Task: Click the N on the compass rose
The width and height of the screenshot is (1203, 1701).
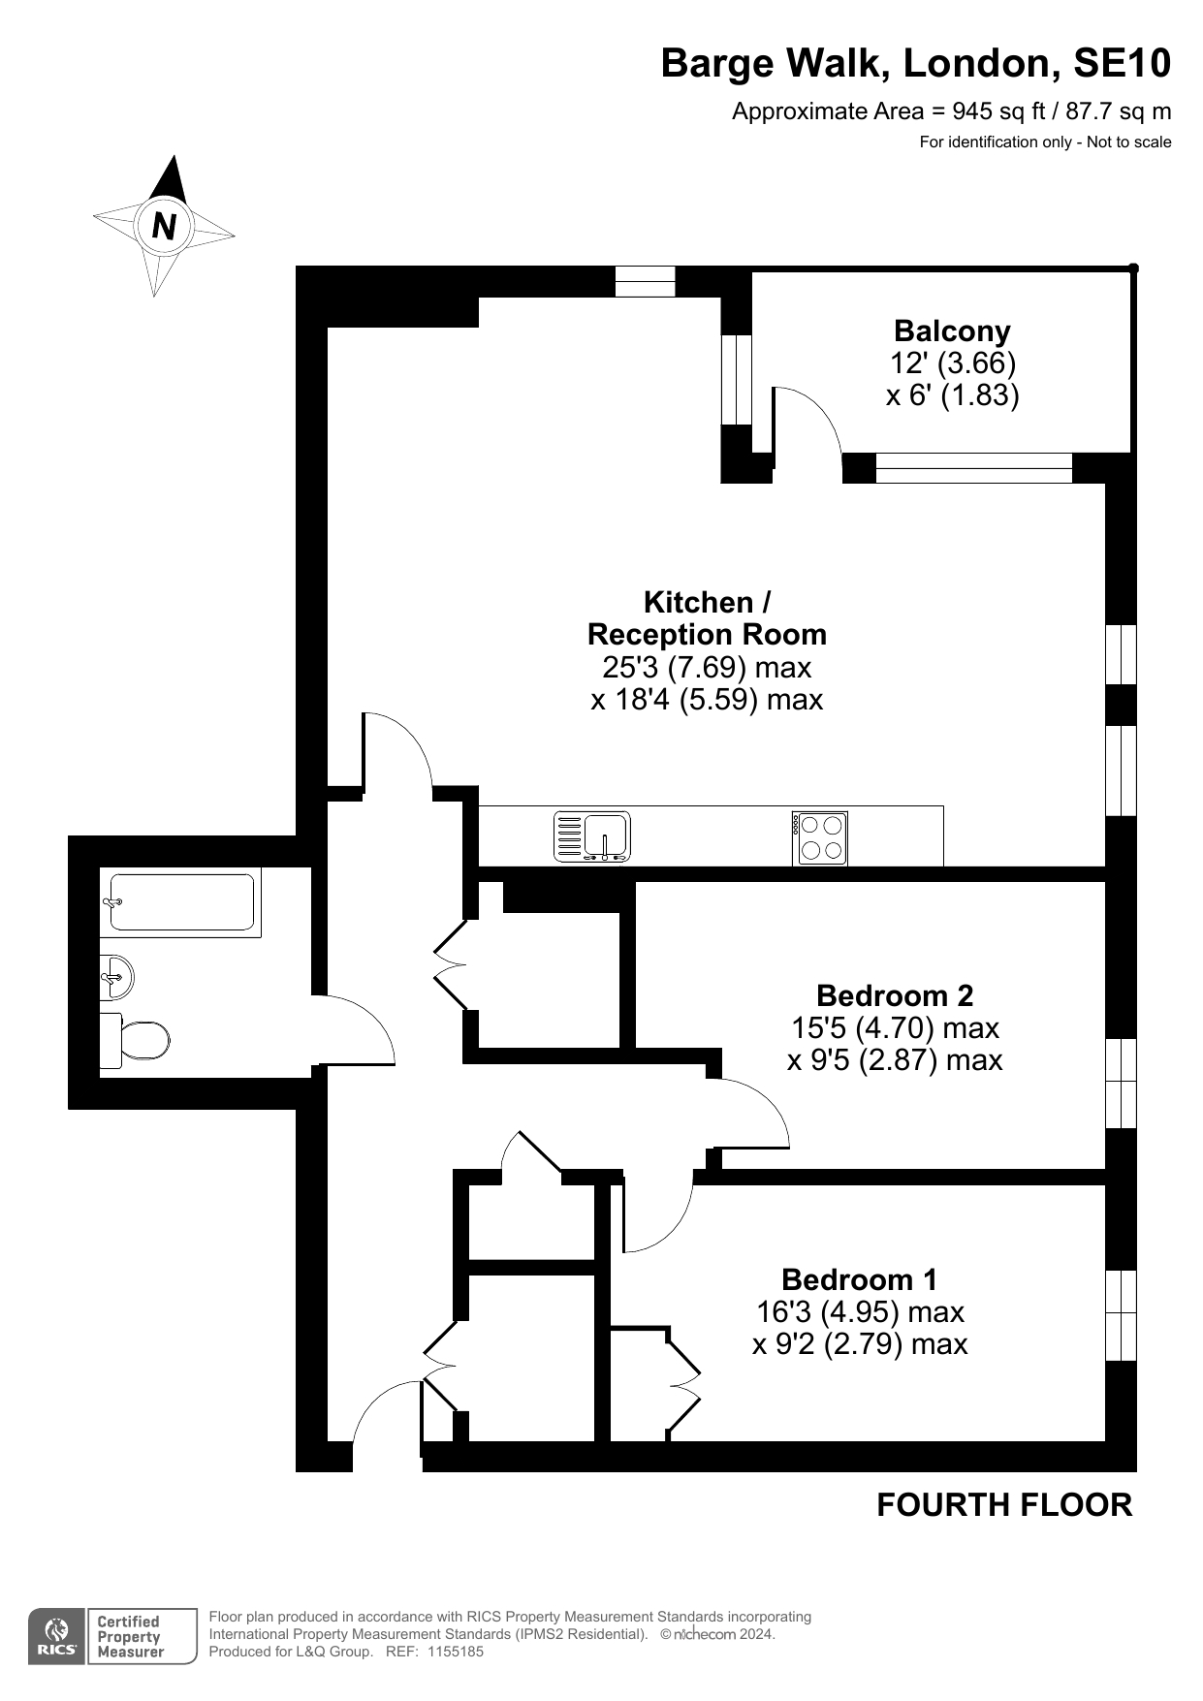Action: [164, 226]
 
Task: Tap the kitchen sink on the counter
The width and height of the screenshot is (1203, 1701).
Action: [592, 836]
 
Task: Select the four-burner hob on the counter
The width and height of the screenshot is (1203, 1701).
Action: [820, 837]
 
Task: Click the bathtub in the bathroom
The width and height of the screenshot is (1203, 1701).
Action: [181, 902]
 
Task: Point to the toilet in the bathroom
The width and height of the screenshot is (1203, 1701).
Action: [135, 1041]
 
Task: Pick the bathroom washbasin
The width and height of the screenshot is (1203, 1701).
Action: [116, 976]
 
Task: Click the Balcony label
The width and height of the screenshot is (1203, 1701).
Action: [952, 331]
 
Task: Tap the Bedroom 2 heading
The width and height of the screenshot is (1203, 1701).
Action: [895, 995]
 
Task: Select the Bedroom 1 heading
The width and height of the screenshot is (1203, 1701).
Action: [859, 1279]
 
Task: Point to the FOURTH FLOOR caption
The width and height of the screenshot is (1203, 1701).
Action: [1004, 1505]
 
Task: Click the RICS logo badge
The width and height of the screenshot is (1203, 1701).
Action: [57, 1637]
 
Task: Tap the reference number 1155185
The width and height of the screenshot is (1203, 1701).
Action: [455, 1652]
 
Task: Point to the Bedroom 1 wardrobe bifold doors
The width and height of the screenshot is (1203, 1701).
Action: [683, 1382]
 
